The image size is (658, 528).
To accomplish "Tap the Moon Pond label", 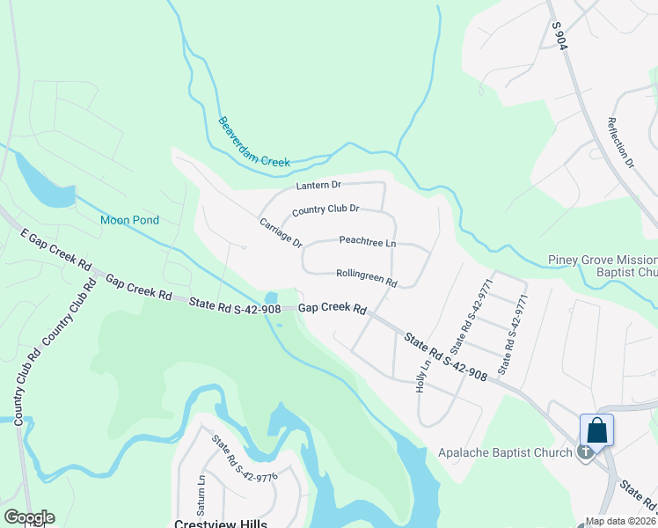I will tap(129, 220).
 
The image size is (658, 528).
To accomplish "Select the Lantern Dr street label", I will tap(318, 185).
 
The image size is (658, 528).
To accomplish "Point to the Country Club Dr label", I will tap(325, 209).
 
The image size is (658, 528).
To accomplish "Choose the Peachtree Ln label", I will tap(367, 242).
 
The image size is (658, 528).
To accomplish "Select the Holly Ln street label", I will tap(422, 378).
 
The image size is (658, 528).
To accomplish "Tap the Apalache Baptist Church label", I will tap(506, 452).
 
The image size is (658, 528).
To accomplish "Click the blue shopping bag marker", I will tap(596, 431).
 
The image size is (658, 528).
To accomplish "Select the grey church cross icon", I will tap(586, 452).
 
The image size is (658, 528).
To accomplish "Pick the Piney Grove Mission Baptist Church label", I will tap(602, 266).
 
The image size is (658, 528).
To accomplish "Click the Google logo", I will tap(28, 517).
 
